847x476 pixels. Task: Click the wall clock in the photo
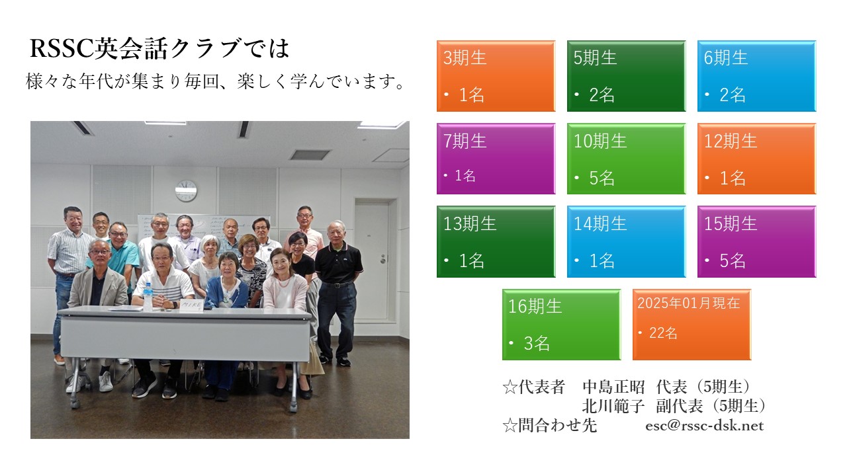(186, 190)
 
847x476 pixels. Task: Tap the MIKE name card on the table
(191, 305)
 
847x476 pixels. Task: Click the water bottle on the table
(148, 297)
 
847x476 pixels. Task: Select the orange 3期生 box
(496, 76)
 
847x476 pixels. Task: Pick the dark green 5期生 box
(626, 76)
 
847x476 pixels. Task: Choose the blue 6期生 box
(756, 76)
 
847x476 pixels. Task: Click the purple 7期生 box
(496, 159)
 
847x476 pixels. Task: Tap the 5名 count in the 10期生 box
(602, 178)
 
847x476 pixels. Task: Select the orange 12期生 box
(756, 159)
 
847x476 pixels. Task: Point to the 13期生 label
(470, 223)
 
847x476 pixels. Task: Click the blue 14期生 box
(626, 241)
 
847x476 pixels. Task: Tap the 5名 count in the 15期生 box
(732, 260)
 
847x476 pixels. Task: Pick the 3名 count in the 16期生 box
(536, 343)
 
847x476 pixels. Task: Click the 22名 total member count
(663, 333)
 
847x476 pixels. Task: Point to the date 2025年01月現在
(689, 303)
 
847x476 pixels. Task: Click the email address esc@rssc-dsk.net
(705, 426)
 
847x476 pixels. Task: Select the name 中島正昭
(613, 387)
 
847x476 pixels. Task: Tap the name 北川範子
(613, 406)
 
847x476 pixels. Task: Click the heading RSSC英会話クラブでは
(159, 48)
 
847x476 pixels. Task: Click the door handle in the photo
(383, 258)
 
